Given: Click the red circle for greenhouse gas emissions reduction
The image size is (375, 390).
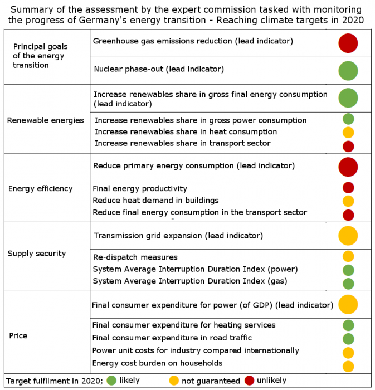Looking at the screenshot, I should (x=348, y=43).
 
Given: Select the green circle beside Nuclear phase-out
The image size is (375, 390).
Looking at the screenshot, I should (x=348, y=71).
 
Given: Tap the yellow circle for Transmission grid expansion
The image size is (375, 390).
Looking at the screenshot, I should (x=348, y=236).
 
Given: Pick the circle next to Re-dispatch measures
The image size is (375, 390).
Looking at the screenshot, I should (x=348, y=256).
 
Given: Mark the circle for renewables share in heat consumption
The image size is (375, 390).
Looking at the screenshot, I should (x=348, y=133).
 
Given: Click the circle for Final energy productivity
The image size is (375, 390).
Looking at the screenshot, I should (x=348, y=188).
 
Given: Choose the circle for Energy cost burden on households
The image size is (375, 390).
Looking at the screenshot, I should (x=348, y=366).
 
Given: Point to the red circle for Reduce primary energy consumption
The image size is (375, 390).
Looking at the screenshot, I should (x=348, y=167).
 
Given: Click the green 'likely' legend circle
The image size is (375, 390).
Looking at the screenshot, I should (x=111, y=381).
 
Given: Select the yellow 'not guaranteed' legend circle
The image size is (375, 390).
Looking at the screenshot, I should (x=174, y=381).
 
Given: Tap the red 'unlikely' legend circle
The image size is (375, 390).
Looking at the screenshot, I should (x=249, y=381).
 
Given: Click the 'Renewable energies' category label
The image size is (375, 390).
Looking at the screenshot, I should (x=46, y=120).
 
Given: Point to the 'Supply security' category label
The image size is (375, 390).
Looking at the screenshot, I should (x=37, y=253).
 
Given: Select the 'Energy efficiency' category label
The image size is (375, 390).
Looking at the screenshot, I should (x=40, y=188).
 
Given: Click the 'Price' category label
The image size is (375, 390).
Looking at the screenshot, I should (x=18, y=335).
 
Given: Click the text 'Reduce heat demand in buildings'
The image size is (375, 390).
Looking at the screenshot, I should (x=155, y=200).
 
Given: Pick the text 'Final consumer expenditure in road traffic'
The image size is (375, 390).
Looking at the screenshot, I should (x=172, y=338).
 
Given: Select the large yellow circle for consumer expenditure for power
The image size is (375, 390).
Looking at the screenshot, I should (x=348, y=305).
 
